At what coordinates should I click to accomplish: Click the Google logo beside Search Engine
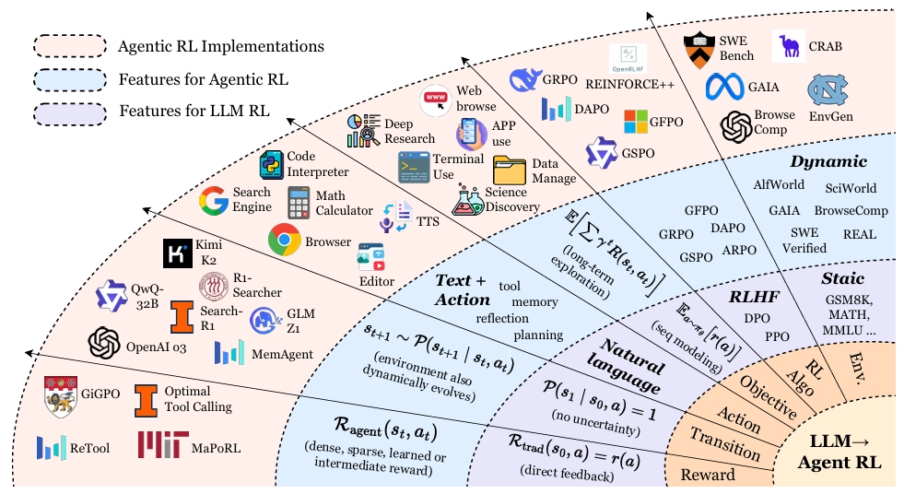pyautogui.click(x=214, y=201)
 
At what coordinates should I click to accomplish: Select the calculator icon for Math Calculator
pyautogui.click(x=299, y=202)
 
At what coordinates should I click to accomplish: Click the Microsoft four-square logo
pyautogui.click(x=638, y=121)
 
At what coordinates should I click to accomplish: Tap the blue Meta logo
pyautogui.click(x=723, y=88)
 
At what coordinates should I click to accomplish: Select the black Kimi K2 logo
pyautogui.click(x=176, y=253)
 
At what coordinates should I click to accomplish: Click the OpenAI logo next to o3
pyautogui.click(x=104, y=343)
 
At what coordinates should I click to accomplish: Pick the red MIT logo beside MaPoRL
pyautogui.click(x=159, y=445)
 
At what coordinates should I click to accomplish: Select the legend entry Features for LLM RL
pyautogui.click(x=194, y=112)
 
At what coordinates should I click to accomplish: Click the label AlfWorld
pyautogui.click(x=779, y=185)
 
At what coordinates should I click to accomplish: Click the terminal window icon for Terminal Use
pyautogui.click(x=415, y=167)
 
